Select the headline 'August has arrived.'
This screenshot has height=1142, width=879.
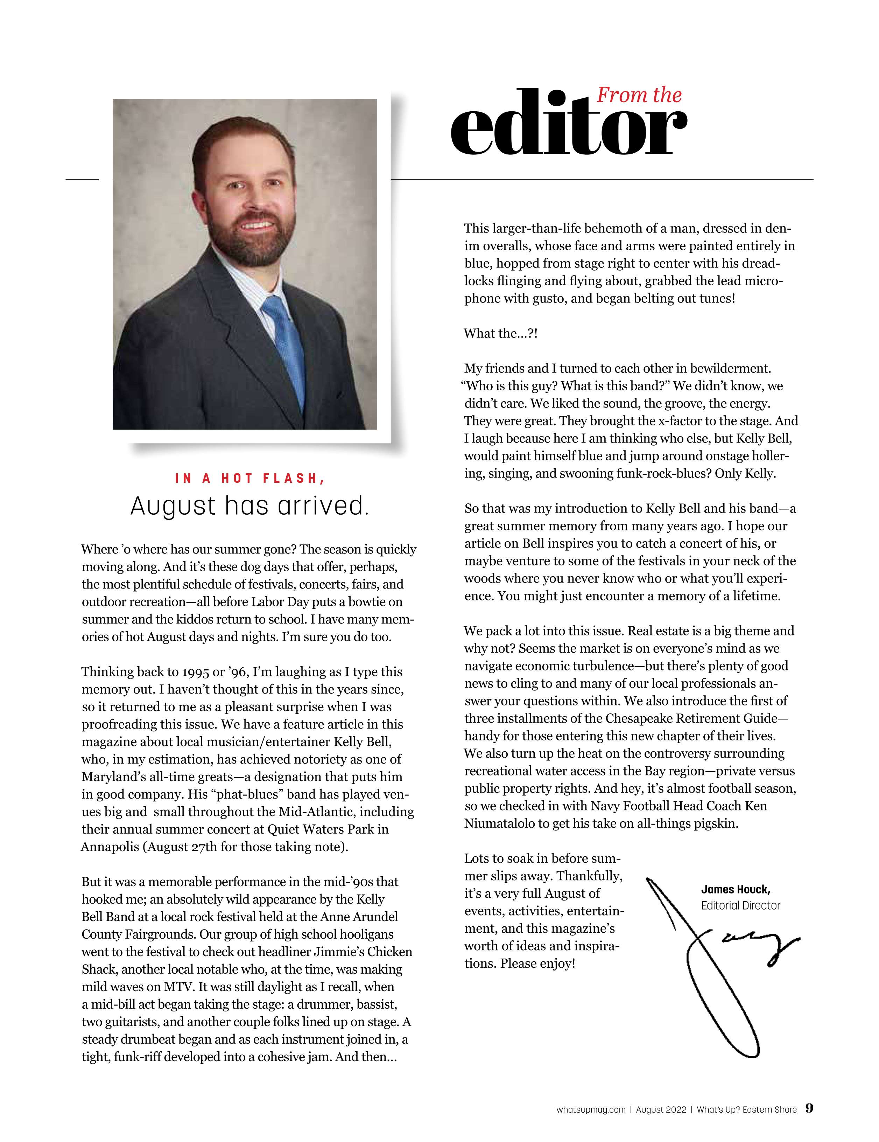[250, 506]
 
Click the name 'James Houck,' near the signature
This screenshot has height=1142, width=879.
[735, 890]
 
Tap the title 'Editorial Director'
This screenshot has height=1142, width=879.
[740, 906]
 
